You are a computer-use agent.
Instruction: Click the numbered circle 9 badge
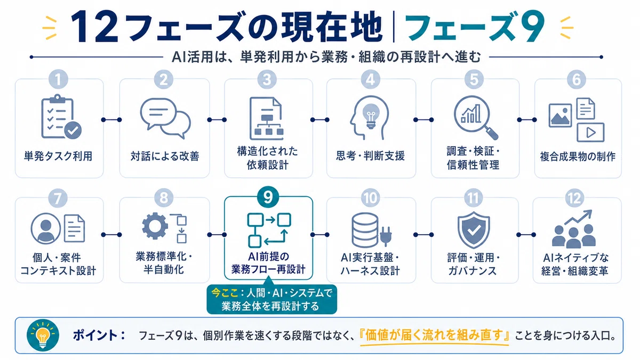tap(268, 197)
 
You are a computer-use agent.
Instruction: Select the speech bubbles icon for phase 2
tap(165, 118)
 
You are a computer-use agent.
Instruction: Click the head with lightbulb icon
tap(370, 117)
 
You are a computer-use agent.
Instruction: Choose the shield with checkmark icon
tap(474, 230)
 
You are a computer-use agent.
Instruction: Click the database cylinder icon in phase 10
tap(365, 230)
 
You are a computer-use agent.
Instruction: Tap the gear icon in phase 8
tap(155, 226)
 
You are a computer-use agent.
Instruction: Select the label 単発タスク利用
tap(58, 156)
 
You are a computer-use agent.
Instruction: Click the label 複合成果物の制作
tap(578, 157)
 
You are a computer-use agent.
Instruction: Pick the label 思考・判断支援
tap(370, 156)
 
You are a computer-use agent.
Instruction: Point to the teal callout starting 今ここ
tap(271, 299)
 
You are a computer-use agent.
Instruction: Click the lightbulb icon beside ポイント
tap(43, 335)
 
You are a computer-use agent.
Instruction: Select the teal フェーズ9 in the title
tap(474, 27)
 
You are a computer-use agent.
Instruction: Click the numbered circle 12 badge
tap(575, 198)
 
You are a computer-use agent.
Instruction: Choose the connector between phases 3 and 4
tap(319, 119)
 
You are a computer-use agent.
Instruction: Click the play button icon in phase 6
tap(590, 133)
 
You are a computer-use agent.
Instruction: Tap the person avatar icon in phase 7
tap(46, 228)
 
